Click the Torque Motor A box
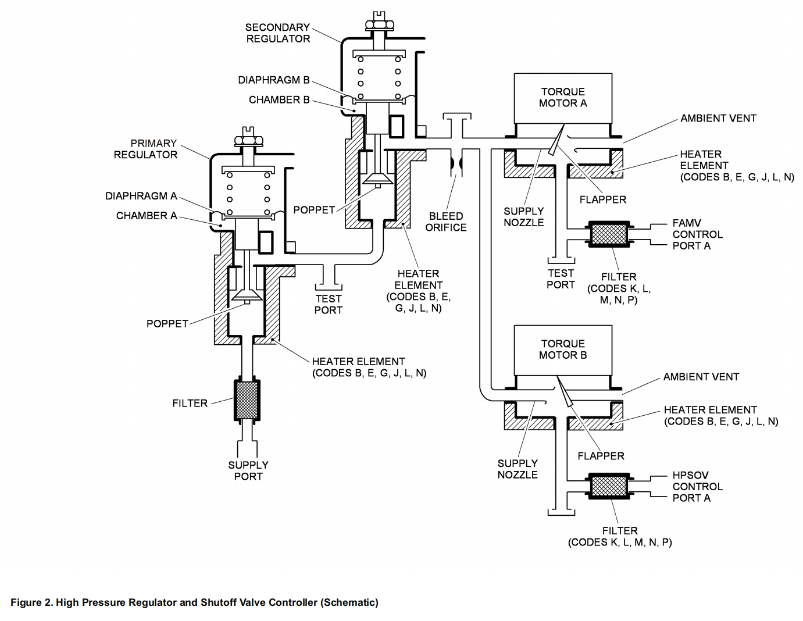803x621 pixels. click(x=563, y=98)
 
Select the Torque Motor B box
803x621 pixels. click(x=563, y=349)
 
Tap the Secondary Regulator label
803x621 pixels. click(x=277, y=33)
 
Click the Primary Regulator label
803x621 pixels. click(x=145, y=149)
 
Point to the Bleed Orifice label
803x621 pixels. click(x=445, y=222)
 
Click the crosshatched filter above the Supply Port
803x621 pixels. click(x=247, y=400)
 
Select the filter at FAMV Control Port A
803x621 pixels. click(x=609, y=234)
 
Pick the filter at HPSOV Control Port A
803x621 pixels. click(x=609, y=486)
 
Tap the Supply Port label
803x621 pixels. click(x=248, y=470)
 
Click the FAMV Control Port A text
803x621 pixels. click(x=697, y=234)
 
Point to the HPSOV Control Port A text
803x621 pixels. click(x=697, y=486)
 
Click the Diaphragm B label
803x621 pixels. click(x=273, y=80)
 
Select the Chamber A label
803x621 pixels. click(x=147, y=216)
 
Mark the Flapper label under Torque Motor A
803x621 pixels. click(x=602, y=199)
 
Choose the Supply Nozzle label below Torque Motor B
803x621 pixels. click(x=518, y=469)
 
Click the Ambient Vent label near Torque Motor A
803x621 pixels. click(x=718, y=119)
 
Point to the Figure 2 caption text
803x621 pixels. click(x=194, y=602)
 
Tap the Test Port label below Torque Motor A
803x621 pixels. click(x=561, y=279)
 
